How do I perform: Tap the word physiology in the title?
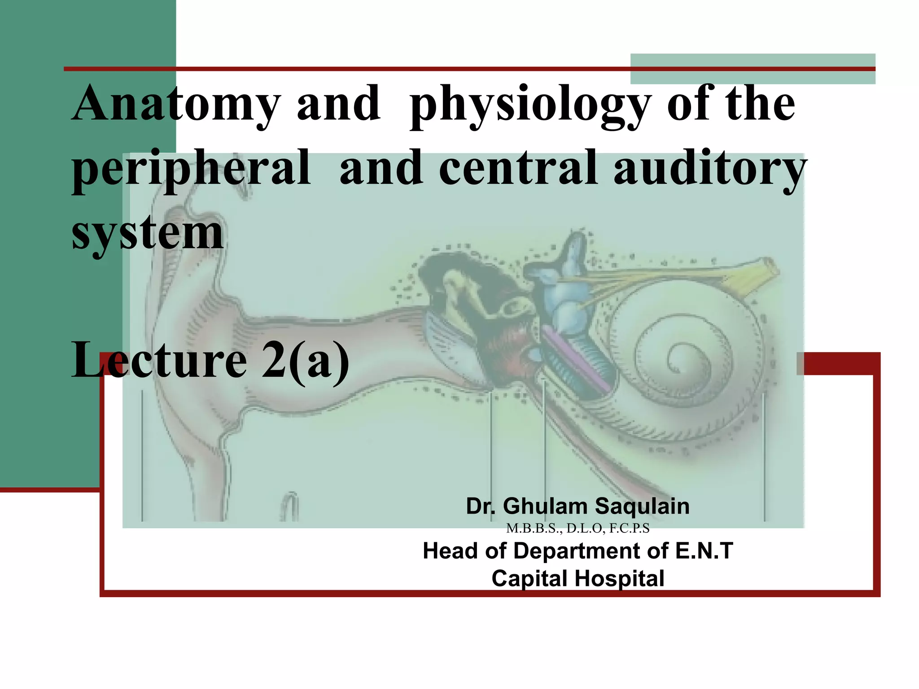pos(530,105)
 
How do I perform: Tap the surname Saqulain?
pos(642,506)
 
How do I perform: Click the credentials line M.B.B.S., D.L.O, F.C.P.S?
pos(578,528)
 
